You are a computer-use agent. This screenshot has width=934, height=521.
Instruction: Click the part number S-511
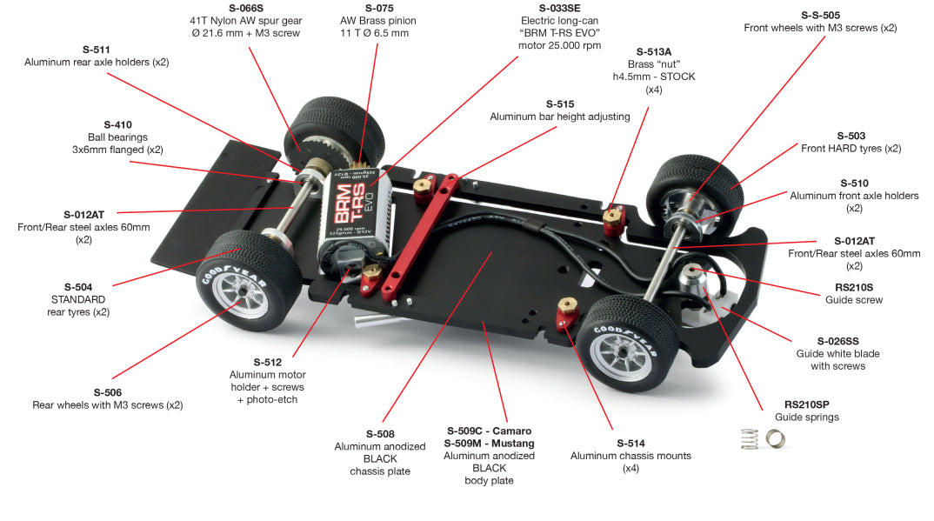pos(96,50)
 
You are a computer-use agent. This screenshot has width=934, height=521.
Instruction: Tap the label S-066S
pos(245,7)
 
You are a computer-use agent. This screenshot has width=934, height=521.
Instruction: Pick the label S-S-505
pos(820,15)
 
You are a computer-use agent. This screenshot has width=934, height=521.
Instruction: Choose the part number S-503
pos(851,136)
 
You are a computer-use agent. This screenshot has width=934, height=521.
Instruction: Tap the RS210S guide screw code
pos(853,287)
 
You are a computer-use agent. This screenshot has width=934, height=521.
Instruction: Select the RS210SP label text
pos(806,404)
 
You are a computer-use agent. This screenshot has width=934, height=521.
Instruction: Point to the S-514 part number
pos(630,443)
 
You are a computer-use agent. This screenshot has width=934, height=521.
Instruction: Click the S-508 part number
pos(381,434)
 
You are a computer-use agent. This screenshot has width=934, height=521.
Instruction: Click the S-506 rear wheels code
pos(108,392)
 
